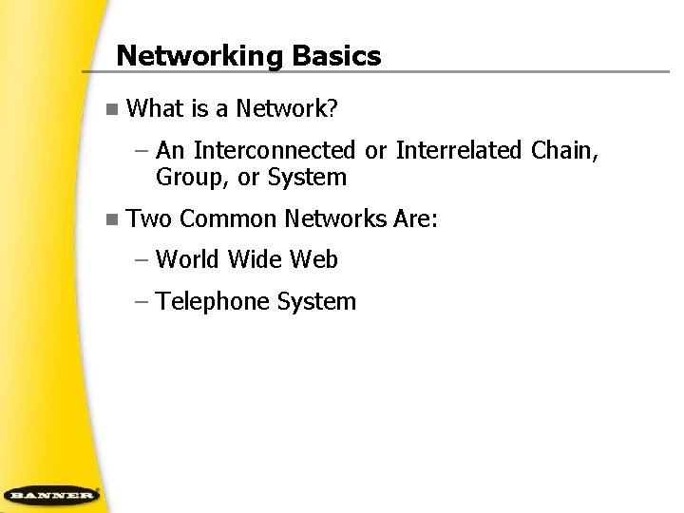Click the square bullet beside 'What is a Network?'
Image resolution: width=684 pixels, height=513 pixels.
(112, 109)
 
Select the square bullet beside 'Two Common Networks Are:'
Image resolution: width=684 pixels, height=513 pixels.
(112, 219)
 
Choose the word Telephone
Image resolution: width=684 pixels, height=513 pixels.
(213, 302)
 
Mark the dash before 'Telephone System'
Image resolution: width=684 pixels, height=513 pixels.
(142, 303)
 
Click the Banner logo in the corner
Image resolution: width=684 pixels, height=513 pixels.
(51, 494)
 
